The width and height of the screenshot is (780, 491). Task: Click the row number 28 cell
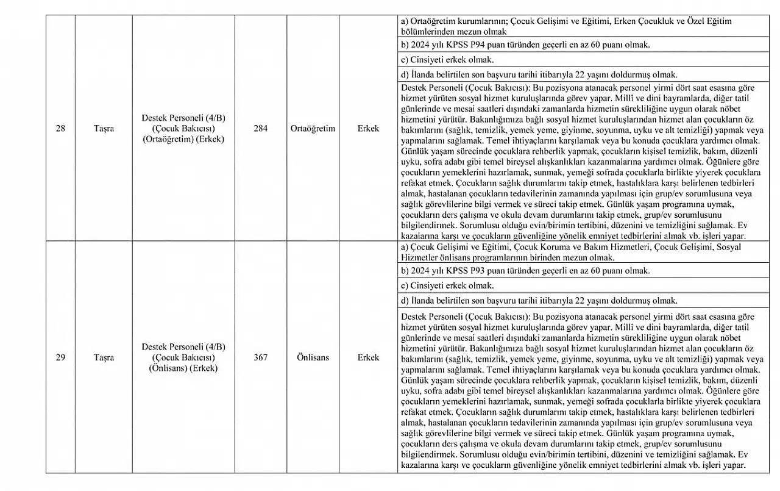[x=60, y=129]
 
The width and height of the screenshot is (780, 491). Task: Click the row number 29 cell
[x=60, y=357]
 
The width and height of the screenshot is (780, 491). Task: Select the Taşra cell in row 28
[x=104, y=129]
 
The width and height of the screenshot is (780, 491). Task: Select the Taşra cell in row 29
[x=104, y=357]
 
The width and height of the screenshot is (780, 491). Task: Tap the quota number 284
[x=260, y=129]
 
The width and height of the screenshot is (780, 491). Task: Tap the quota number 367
[x=260, y=357]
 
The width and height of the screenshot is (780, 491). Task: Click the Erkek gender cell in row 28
[x=368, y=129]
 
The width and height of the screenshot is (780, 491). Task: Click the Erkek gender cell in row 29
[x=368, y=357]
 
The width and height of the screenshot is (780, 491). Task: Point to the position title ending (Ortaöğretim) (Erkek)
[x=183, y=129]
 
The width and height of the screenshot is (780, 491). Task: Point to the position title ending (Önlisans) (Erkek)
[x=183, y=357]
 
